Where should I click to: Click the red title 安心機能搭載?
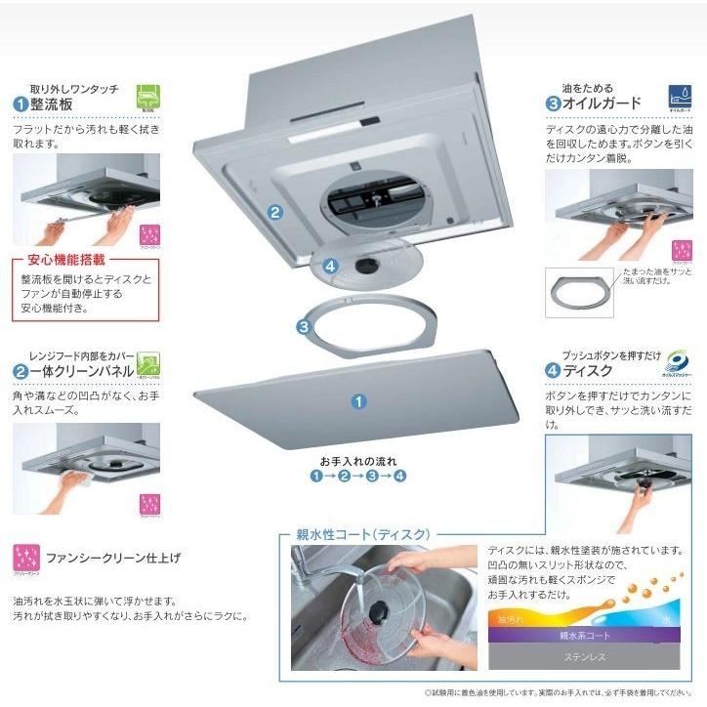click(61, 262)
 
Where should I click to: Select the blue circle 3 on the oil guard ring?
click(304, 326)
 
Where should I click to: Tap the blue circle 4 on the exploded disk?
click(331, 265)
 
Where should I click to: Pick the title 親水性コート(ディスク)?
click(360, 534)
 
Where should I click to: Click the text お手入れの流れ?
click(357, 459)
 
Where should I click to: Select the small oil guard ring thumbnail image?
click(578, 291)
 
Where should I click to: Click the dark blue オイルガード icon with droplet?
click(680, 97)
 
